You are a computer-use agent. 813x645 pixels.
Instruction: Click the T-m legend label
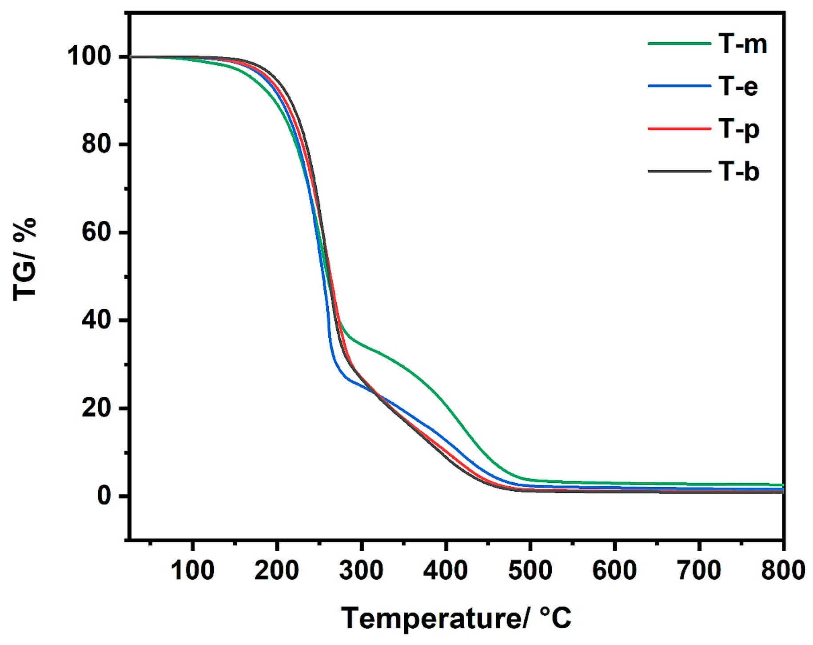(x=742, y=44)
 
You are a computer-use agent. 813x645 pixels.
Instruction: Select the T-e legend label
(x=738, y=86)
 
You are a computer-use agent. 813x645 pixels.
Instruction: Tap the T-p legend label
(x=738, y=129)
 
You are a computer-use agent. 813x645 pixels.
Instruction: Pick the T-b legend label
(x=738, y=172)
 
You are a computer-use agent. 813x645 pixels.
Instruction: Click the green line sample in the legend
(x=679, y=44)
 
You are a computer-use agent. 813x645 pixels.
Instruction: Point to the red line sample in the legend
(x=679, y=129)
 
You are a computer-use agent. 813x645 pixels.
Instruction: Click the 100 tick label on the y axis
(x=89, y=57)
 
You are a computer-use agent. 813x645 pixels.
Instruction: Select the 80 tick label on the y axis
(x=96, y=144)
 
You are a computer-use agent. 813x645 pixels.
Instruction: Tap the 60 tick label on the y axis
(x=96, y=232)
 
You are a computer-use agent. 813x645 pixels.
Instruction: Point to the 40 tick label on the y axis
(x=96, y=320)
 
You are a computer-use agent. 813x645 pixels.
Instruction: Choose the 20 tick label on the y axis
(x=96, y=408)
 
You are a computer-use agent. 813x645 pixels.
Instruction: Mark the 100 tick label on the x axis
(x=192, y=570)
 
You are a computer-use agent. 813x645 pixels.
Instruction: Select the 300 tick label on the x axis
(x=361, y=570)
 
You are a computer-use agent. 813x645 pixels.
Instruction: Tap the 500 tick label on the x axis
(x=530, y=570)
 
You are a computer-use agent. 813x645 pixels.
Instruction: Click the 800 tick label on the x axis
(x=783, y=570)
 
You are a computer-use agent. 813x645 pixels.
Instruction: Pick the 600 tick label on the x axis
(x=614, y=570)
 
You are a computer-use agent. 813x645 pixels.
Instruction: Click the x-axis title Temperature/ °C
(x=456, y=618)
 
